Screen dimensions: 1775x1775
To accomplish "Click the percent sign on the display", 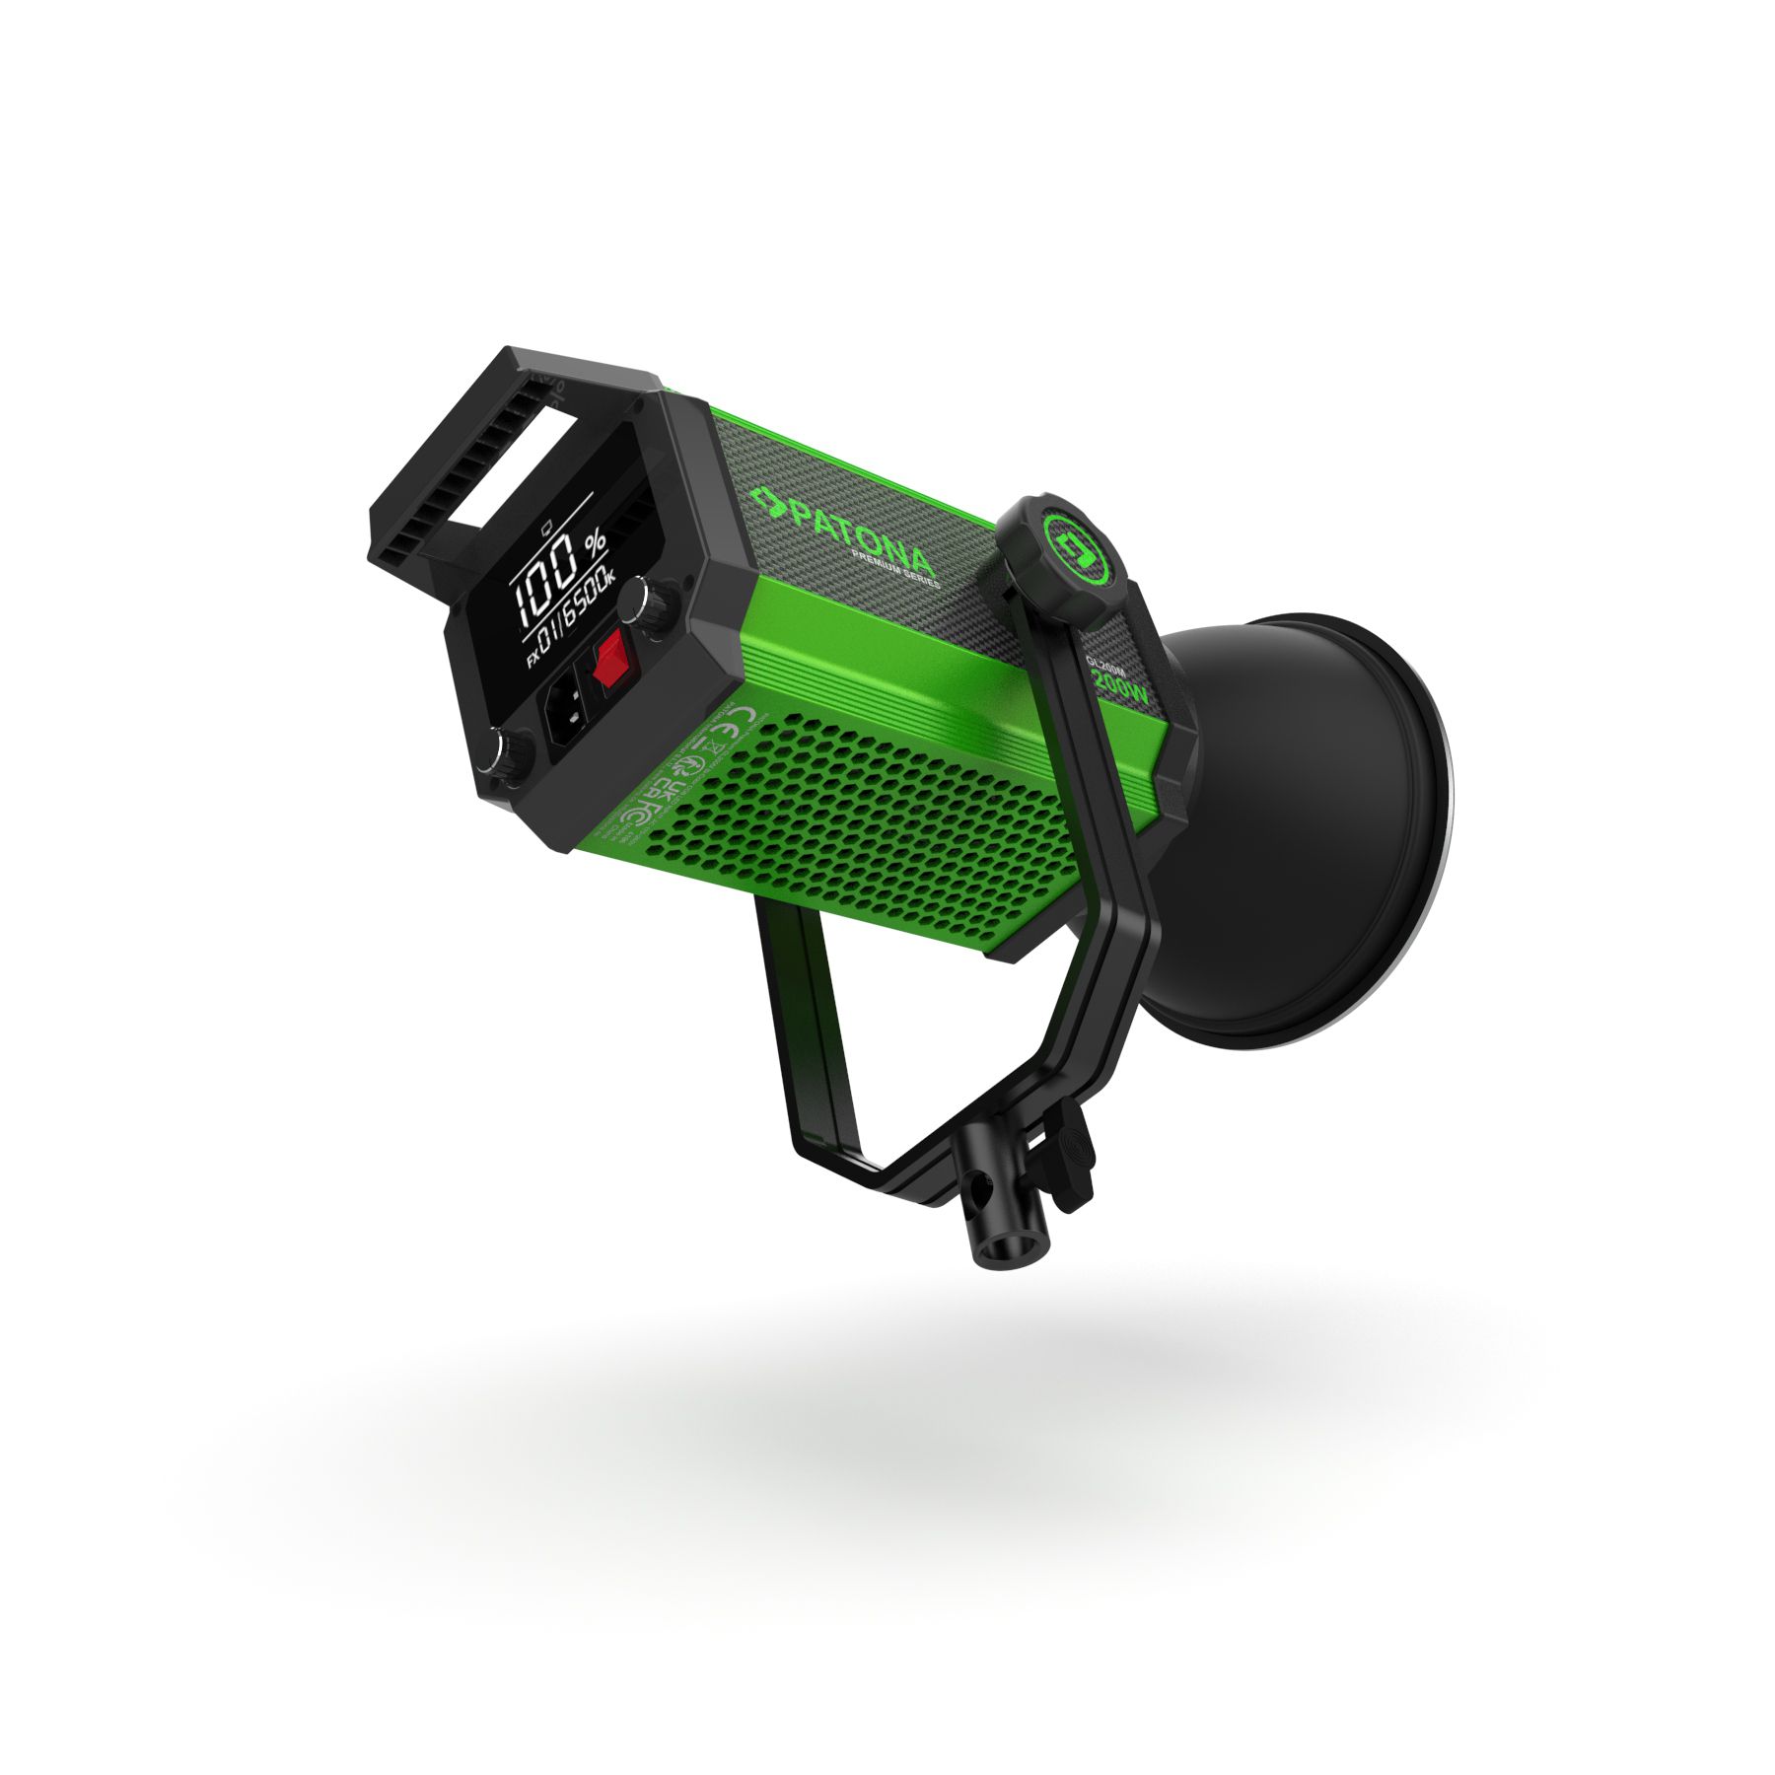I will pyautogui.click(x=596, y=544).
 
